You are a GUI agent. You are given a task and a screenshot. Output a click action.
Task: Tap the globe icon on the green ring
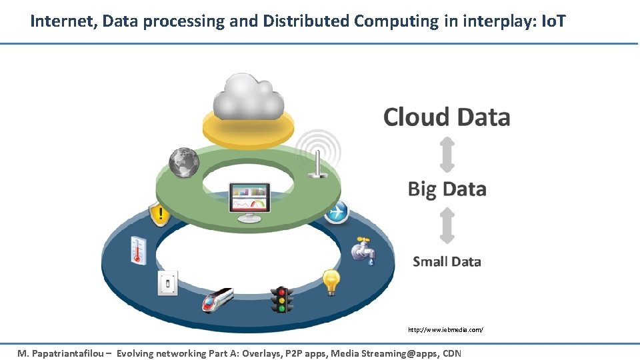(x=184, y=162)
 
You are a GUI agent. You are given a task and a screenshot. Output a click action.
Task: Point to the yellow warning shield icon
(x=159, y=215)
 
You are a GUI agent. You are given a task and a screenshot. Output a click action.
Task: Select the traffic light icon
(x=281, y=300)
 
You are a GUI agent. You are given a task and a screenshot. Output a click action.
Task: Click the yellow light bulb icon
(x=331, y=282)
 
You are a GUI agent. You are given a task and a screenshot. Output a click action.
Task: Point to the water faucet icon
(x=363, y=251)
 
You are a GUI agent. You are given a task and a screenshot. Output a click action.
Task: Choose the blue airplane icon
(x=337, y=211)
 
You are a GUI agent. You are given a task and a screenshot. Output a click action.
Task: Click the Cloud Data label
(x=447, y=117)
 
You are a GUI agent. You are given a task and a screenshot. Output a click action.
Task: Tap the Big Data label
(x=447, y=189)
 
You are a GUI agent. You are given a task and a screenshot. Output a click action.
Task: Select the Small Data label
(x=447, y=261)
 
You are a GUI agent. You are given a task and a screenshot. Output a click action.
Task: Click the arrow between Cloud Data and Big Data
(x=447, y=153)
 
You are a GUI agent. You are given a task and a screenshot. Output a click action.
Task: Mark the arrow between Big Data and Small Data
(x=447, y=225)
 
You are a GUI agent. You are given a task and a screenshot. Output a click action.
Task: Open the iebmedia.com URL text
(x=445, y=330)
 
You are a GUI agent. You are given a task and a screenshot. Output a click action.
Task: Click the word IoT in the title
(x=553, y=21)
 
